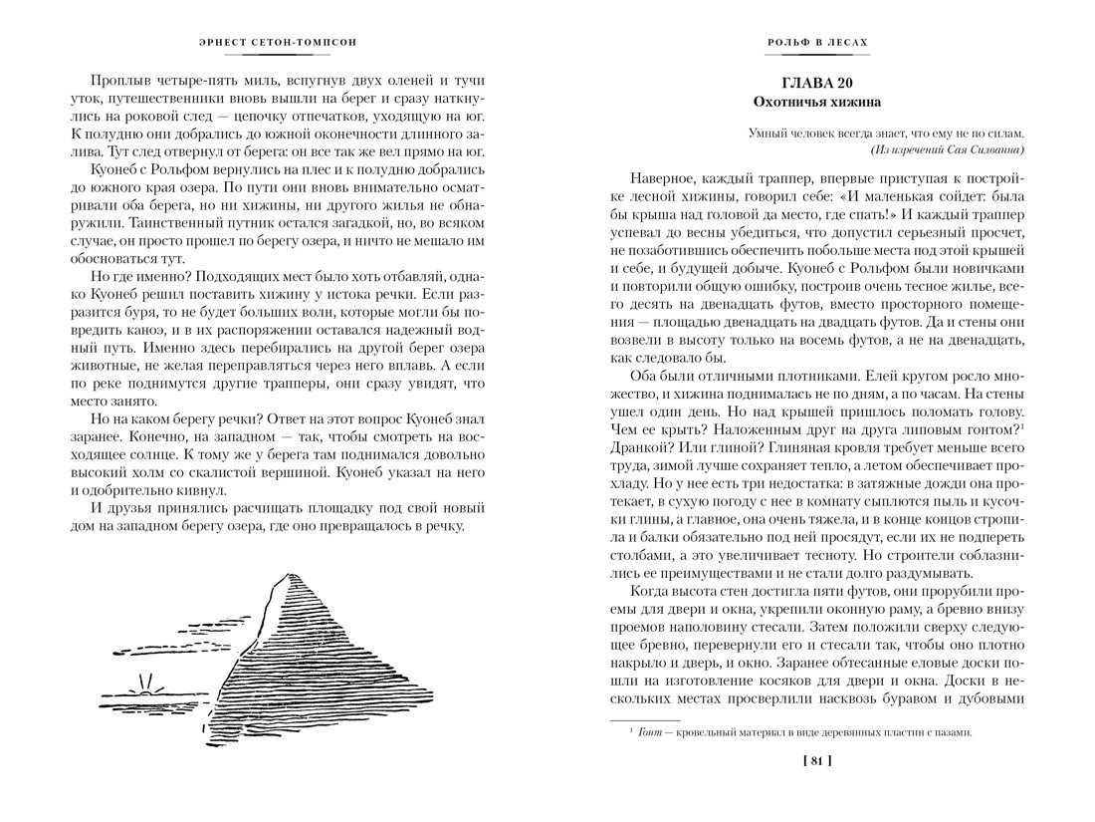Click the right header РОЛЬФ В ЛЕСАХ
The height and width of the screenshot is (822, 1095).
coord(817,42)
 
